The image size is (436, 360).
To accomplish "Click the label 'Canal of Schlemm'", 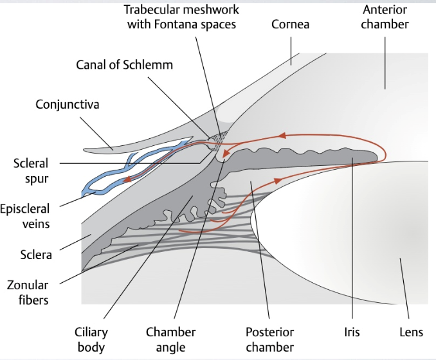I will click(x=124, y=64).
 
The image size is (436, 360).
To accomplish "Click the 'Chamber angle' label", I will click(x=170, y=339).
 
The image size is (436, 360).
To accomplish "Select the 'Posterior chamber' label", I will click(x=270, y=339).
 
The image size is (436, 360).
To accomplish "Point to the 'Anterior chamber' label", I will click(x=385, y=17).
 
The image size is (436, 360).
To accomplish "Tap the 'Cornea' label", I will click(x=290, y=24).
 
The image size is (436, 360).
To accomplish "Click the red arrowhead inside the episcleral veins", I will click(x=127, y=180).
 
